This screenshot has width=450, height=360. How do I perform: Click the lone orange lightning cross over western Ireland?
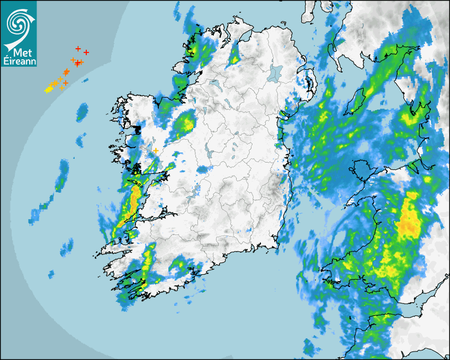[156, 151]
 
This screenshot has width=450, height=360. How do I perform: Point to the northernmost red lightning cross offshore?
[78, 49]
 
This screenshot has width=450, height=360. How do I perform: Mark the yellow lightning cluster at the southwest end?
[48, 89]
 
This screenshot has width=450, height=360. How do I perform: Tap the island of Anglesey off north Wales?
[365, 168]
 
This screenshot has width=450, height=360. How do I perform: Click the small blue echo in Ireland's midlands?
[203, 169]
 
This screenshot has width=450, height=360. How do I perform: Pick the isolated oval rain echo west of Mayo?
[82, 112]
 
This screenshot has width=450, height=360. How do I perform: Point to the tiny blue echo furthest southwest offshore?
[51, 274]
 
